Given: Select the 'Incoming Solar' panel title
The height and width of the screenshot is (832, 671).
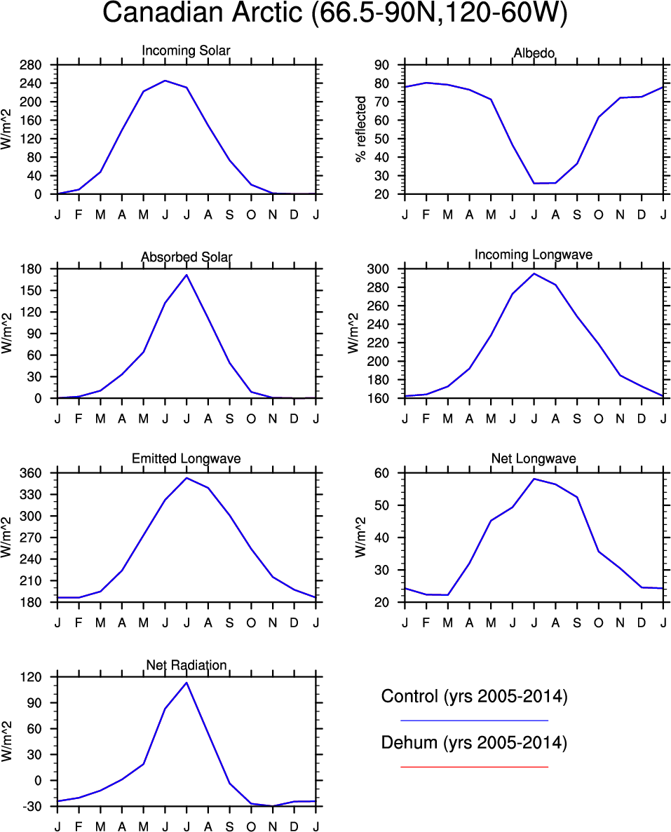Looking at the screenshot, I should click(186, 50).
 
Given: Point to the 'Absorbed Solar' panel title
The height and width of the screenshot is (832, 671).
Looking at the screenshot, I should click(187, 257).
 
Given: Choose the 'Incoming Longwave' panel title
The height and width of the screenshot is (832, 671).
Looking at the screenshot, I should click(534, 254).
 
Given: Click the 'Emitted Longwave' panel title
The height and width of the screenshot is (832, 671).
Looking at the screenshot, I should click(187, 458).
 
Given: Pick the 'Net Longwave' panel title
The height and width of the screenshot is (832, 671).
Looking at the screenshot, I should click(534, 458).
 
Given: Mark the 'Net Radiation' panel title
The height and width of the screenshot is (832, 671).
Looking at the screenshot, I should click(187, 664).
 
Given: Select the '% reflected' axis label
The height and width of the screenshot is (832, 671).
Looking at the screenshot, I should click(362, 130).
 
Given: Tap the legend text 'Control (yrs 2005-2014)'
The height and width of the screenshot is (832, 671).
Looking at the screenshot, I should click(474, 697).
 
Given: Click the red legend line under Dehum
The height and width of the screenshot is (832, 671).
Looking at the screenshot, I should click(474, 767).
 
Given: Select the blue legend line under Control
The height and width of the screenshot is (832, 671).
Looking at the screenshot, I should click(474, 720).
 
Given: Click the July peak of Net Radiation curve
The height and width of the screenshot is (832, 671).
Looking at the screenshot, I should click(187, 683).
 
